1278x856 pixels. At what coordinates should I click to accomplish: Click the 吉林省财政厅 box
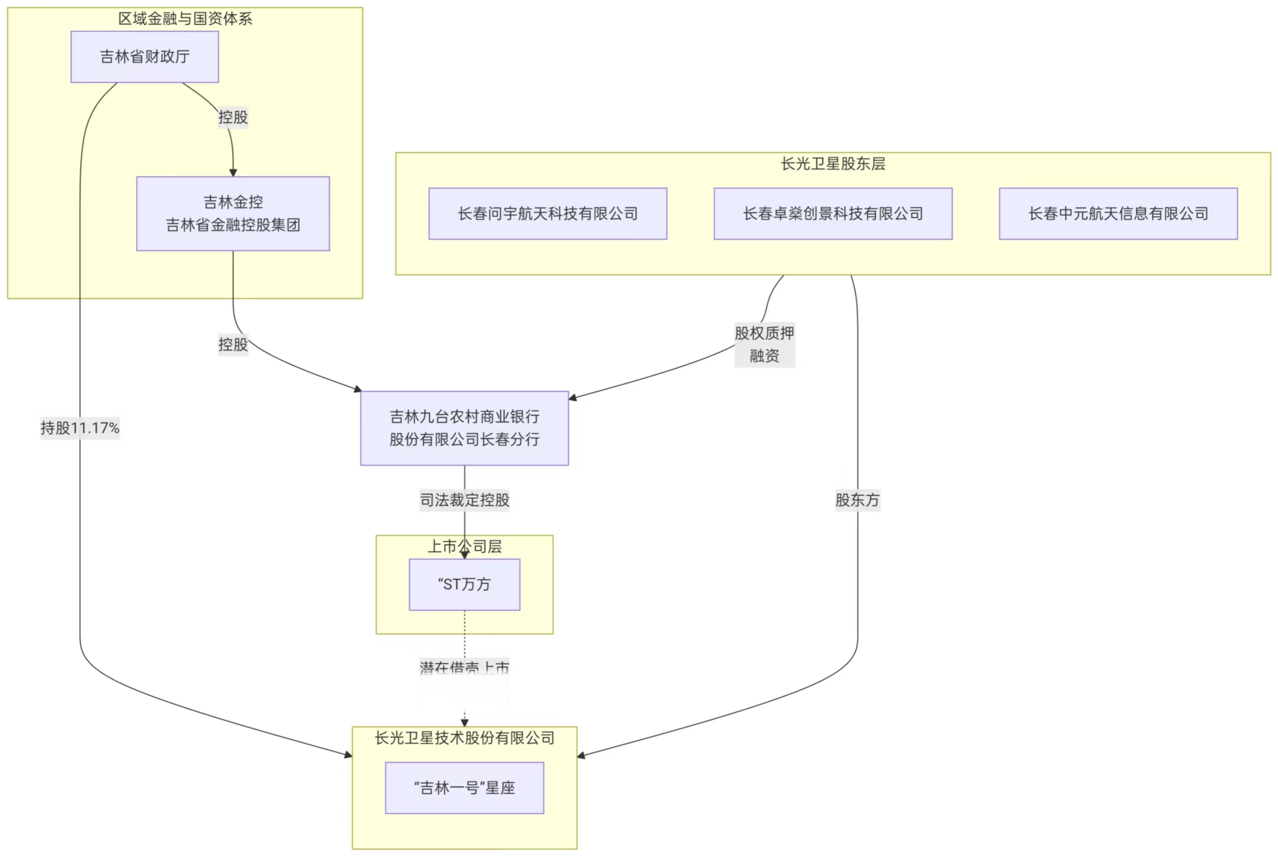click(145, 57)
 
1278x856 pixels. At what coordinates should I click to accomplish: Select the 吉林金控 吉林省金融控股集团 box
click(232, 213)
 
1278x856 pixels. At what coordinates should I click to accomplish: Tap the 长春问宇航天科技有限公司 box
click(547, 213)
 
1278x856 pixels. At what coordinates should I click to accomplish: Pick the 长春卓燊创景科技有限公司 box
click(833, 213)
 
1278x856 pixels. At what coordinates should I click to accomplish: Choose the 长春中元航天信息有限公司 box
click(1118, 213)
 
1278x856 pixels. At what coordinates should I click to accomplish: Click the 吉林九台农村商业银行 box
click(464, 428)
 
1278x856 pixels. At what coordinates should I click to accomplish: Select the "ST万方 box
click(464, 584)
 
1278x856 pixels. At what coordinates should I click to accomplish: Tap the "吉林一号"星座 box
click(464, 788)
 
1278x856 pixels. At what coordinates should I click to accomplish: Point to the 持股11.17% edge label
click(80, 428)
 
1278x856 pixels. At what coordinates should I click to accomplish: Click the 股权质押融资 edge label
click(764, 344)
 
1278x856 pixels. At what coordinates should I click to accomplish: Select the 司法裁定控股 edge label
click(464, 500)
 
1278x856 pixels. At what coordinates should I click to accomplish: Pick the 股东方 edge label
click(857, 500)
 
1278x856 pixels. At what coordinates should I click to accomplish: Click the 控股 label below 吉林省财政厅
click(232, 117)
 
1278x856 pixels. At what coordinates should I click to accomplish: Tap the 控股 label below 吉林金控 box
click(232, 345)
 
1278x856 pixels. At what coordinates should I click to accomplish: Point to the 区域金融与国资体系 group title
click(185, 19)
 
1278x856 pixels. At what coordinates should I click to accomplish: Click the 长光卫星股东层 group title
click(833, 164)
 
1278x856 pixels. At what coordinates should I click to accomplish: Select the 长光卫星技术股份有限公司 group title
click(464, 738)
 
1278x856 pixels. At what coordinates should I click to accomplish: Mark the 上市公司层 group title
click(464, 547)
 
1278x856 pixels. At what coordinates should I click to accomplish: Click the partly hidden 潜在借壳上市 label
click(464, 668)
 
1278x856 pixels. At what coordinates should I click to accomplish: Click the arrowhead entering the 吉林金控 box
click(233, 172)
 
